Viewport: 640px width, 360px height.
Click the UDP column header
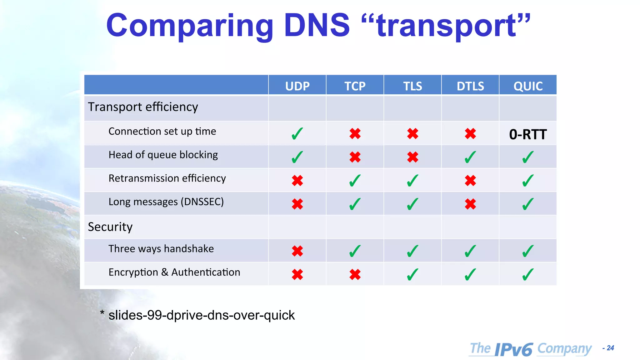(297, 86)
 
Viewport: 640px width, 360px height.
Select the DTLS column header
(470, 86)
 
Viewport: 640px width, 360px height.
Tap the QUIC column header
(528, 86)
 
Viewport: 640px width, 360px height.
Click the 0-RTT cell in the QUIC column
(528, 134)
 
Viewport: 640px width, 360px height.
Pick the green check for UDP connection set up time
(297, 134)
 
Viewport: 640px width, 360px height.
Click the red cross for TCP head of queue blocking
(355, 157)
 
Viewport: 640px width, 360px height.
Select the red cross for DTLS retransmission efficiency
(470, 180)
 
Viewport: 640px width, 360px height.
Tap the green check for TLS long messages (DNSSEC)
(412, 204)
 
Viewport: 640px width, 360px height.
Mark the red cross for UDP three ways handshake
(297, 251)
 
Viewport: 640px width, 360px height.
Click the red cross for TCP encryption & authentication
(355, 275)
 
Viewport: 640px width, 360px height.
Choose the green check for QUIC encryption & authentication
(528, 275)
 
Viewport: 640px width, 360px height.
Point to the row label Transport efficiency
(143, 107)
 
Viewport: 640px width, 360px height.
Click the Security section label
(110, 227)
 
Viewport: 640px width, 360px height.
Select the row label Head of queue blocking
(163, 155)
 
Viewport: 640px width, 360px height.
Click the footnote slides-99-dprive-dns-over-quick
(201, 315)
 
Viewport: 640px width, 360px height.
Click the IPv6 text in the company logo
(514, 349)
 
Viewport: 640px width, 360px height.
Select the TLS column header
(412, 86)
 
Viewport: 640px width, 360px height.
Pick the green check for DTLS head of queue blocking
(470, 157)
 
